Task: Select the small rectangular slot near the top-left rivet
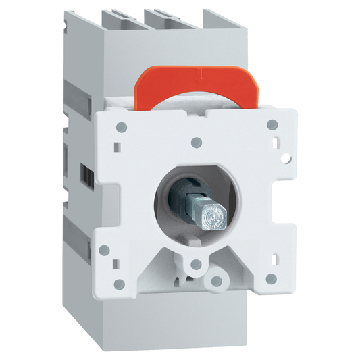(119, 145)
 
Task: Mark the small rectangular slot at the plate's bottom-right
(276, 257)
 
